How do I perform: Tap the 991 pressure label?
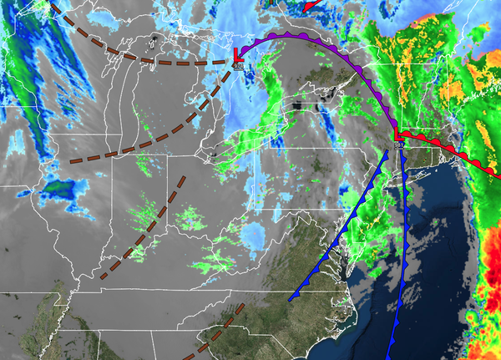(x=400, y=146)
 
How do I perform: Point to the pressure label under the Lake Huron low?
(x=240, y=65)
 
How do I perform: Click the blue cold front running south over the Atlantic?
(x=399, y=251)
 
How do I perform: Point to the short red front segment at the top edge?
(x=311, y=5)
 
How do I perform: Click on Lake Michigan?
(x=125, y=109)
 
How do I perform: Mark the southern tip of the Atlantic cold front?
(x=390, y=356)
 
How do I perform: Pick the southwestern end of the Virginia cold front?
(x=291, y=298)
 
